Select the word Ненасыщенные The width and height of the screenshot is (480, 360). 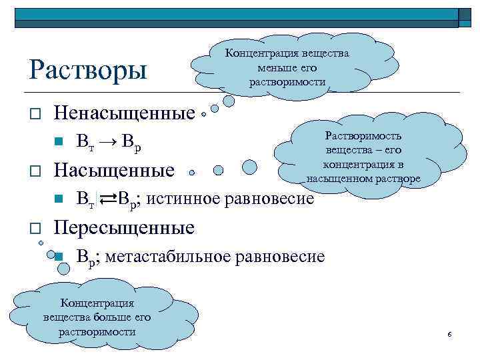(x=124, y=113)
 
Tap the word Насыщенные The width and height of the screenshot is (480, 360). (x=114, y=170)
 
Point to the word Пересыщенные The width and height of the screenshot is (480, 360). (x=124, y=227)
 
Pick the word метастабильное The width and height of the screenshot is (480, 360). (x=174, y=256)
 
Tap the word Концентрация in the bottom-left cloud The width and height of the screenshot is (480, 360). (x=97, y=303)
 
